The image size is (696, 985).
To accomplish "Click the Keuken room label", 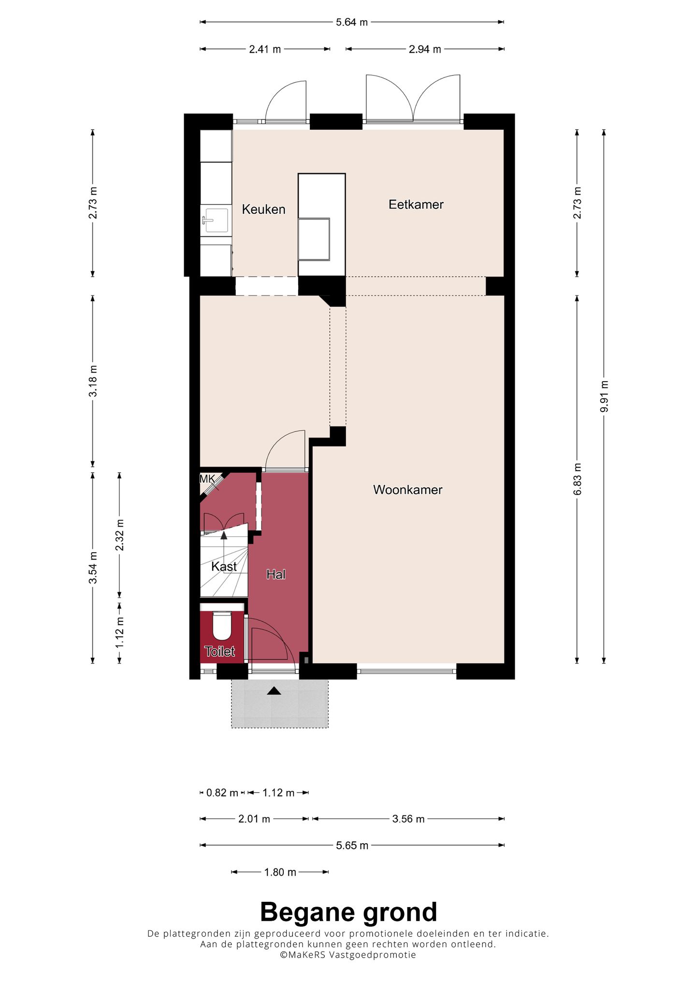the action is click(x=263, y=209).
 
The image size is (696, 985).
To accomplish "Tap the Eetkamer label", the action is click(x=416, y=205).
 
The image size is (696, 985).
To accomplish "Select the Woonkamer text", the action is click(x=408, y=490).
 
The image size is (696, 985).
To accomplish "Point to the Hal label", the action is click(x=276, y=574).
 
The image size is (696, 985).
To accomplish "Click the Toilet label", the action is click(x=220, y=651).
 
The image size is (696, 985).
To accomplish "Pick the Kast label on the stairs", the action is click(x=224, y=566).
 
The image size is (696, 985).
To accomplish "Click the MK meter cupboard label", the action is click(x=207, y=479).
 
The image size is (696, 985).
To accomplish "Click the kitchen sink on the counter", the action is click(x=216, y=220).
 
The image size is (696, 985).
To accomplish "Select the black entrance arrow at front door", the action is click(x=274, y=691).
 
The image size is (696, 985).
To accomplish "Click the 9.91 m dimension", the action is click(x=604, y=397).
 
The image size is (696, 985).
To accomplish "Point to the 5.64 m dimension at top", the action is click(x=352, y=22).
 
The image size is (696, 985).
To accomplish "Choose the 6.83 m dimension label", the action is click(x=577, y=479).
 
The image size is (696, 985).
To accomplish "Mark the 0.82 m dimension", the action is click(x=222, y=793).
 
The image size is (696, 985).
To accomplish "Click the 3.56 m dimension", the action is click(x=408, y=819).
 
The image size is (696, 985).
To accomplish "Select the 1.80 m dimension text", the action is click(x=280, y=872).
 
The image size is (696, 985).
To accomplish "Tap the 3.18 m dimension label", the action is click(x=93, y=381).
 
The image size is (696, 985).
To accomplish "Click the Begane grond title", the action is click(x=348, y=912).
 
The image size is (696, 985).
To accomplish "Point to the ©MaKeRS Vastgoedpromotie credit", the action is click(x=348, y=955).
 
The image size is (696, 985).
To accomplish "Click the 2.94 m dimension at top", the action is click(x=425, y=49).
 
